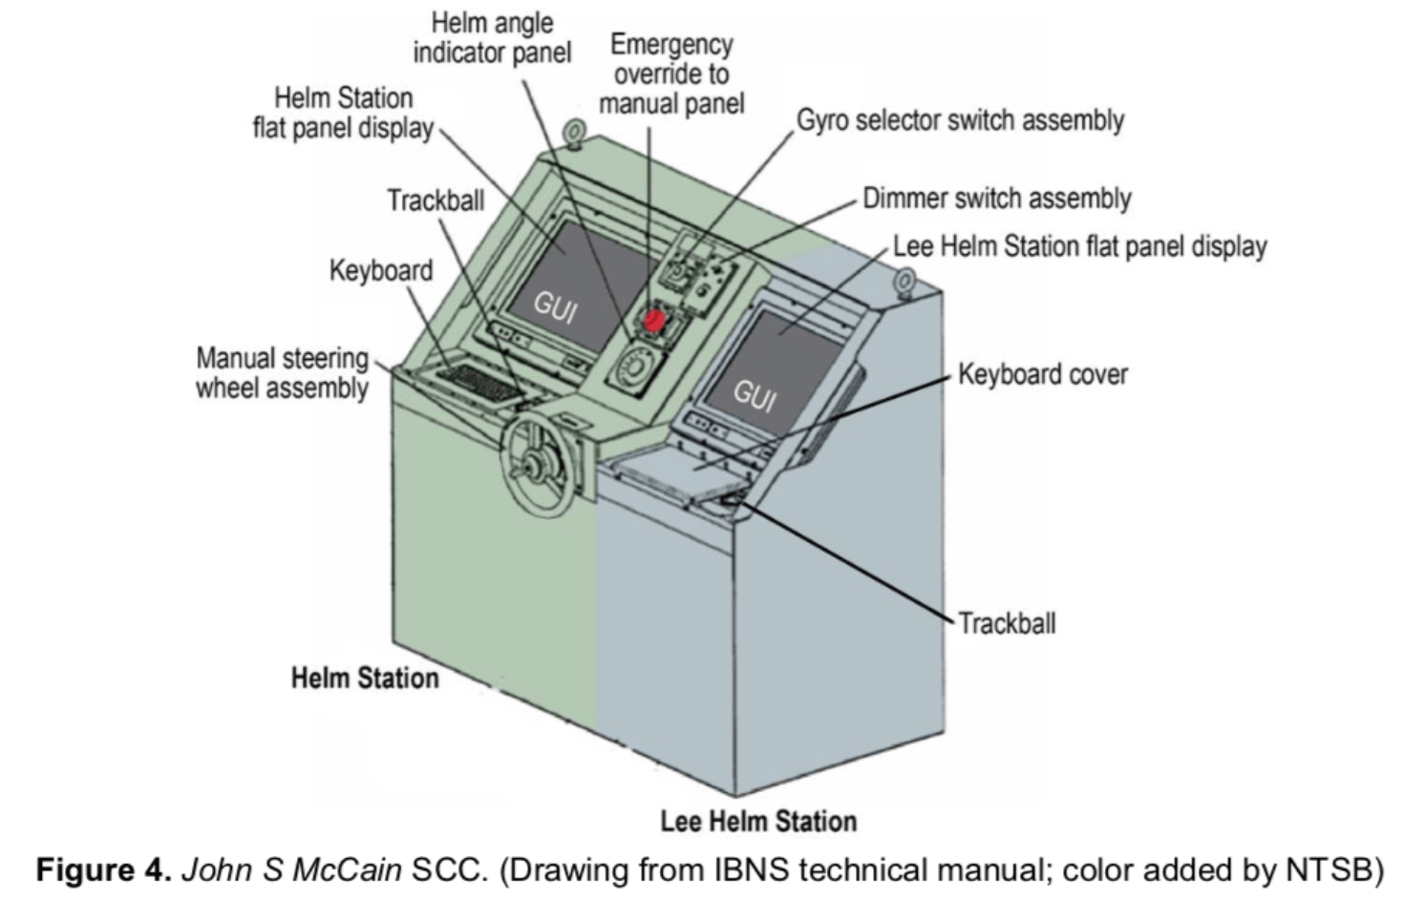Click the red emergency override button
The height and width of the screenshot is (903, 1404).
(x=653, y=321)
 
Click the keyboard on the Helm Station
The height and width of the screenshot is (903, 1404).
(x=479, y=383)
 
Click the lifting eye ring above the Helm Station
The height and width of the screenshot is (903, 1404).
(x=574, y=132)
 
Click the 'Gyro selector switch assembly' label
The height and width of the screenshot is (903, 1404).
(x=960, y=120)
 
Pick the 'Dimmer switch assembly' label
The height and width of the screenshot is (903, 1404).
(x=996, y=199)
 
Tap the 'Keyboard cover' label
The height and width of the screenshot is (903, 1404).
(x=1043, y=374)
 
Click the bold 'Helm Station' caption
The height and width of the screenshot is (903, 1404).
(x=365, y=678)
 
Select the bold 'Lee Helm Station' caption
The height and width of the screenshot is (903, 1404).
(x=758, y=821)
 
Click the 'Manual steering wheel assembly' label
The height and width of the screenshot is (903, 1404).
(x=282, y=373)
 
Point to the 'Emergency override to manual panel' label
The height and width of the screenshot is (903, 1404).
(x=672, y=73)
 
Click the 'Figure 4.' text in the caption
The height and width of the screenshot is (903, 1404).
(x=104, y=870)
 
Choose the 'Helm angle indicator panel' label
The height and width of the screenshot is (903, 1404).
(x=493, y=38)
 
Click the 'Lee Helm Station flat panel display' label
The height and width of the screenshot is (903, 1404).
(x=1079, y=246)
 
